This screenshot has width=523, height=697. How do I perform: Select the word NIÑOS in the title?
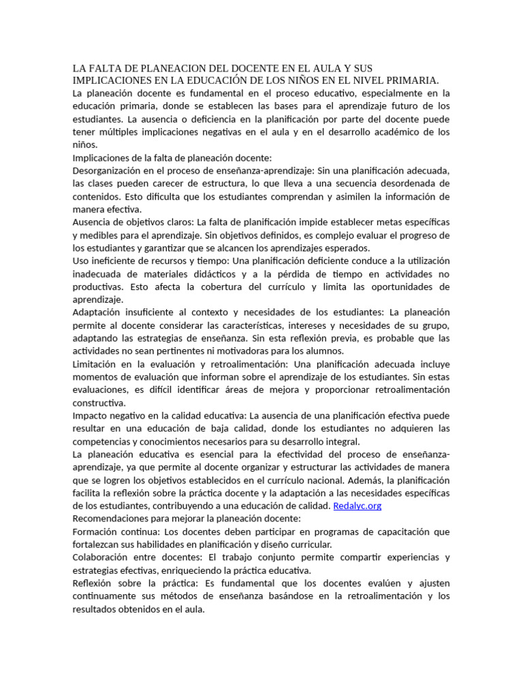click(298, 80)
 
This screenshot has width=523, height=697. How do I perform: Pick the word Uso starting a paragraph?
click(80, 261)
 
